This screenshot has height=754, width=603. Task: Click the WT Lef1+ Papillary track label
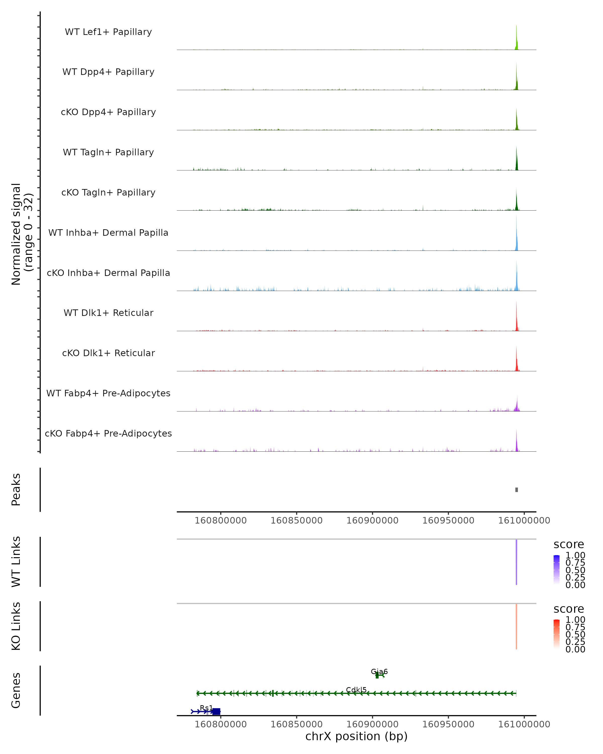(108, 32)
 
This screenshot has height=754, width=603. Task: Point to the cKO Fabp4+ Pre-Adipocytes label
(108, 433)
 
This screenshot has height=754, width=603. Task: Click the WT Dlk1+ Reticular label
(108, 313)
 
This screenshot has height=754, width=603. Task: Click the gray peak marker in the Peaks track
(516, 490)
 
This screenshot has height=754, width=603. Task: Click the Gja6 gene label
(379, 672)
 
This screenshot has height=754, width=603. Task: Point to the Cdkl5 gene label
(356, 690)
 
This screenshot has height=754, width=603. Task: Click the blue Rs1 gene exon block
(216, 711)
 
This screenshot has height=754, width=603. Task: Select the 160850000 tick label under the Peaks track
(296, 521)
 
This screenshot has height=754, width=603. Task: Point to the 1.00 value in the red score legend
(575, 620)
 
